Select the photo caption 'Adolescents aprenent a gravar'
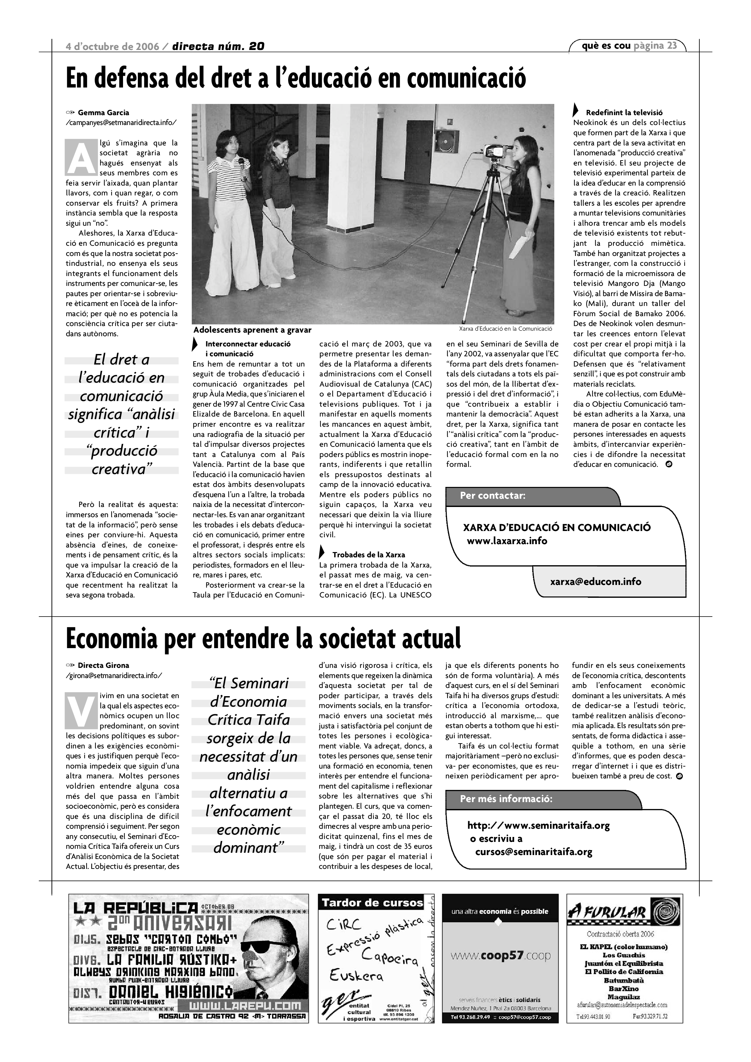(252, 330)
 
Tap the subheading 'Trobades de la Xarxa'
(368, 555)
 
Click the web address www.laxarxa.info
(507, 541)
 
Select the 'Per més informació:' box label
(506, 799)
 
